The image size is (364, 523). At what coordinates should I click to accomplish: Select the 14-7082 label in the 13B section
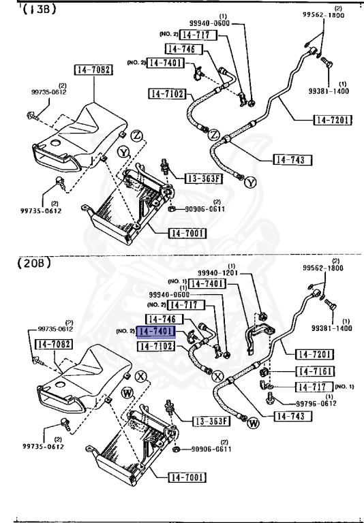pyautogui.click(x=93, y=69)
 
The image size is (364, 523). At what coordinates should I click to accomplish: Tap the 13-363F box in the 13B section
pyautogui.click(x=204, y=179)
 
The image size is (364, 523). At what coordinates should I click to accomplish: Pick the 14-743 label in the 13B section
pyautogui.click(x=292, y=160)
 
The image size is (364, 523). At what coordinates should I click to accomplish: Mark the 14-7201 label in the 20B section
pyautogui.click(x=315, y=354)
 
